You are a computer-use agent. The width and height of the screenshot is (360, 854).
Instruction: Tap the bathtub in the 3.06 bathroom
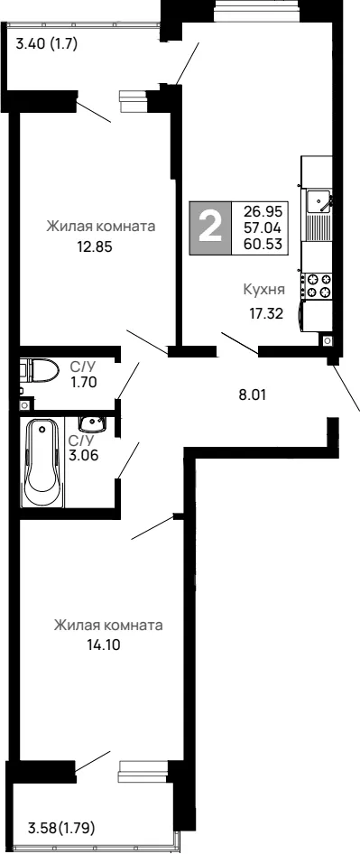click(x=42, y=462)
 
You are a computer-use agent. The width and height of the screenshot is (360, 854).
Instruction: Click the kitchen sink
click(x=318, y=201)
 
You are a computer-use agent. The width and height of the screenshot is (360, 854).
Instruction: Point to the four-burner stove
click(x=319, y=286)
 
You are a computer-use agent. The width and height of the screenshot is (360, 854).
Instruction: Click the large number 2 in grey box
click(x=210, y=227)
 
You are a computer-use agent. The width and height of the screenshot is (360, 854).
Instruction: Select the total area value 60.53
click(x=264, y=244)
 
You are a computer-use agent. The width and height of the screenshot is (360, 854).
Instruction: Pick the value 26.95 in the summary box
click(x=264, y=210)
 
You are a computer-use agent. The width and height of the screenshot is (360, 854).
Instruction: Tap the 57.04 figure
click(x=264, y=227)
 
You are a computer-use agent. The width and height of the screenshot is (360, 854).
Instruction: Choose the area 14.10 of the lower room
click(x=103, y=645)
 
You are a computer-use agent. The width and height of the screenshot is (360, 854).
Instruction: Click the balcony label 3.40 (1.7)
click(x=47, y=43)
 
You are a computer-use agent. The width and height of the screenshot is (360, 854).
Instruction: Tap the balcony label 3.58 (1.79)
click(x=62, y=830)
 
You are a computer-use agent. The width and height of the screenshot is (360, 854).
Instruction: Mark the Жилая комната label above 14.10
click(x=108, y=625)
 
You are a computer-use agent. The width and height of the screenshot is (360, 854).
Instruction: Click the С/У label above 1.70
click(x=82, y=367)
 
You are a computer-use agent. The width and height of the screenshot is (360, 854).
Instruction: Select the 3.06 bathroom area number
click(x=84, y=455)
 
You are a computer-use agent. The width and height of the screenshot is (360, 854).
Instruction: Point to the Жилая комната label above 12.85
click(x=101, y=226)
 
